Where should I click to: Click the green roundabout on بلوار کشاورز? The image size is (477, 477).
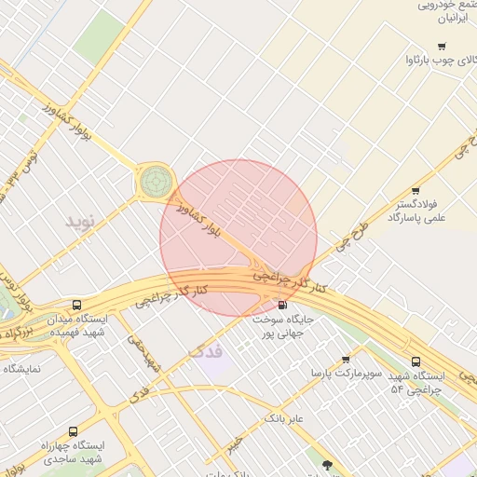pos(155,180)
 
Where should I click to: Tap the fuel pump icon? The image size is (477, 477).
pos(282,305)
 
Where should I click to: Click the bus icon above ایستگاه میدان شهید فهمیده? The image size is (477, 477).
pos(76,305)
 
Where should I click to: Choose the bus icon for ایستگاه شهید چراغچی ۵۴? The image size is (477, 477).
pos(416,362)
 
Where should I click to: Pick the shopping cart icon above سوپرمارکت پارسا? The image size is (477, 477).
pos(346,360)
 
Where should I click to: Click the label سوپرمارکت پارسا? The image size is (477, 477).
pos(348,374)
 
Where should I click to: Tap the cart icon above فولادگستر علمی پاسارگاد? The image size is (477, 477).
pos(416,191)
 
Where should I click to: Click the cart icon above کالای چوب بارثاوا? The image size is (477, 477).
pos(441,47)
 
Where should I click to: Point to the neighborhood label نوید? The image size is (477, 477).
pos(80,222)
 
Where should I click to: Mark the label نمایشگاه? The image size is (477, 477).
pos(21,369)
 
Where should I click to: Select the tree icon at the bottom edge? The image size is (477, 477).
pos(326,464)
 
